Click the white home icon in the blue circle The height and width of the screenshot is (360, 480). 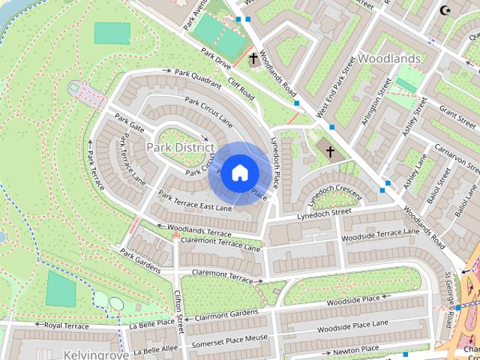(239, 173)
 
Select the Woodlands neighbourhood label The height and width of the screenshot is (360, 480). (388, 58)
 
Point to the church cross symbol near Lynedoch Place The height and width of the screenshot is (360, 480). (329, 152)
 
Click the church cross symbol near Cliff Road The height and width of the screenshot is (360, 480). (253, 58)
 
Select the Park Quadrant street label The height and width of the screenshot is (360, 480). (197, 77)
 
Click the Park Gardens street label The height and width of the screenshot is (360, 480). (139, 262)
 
